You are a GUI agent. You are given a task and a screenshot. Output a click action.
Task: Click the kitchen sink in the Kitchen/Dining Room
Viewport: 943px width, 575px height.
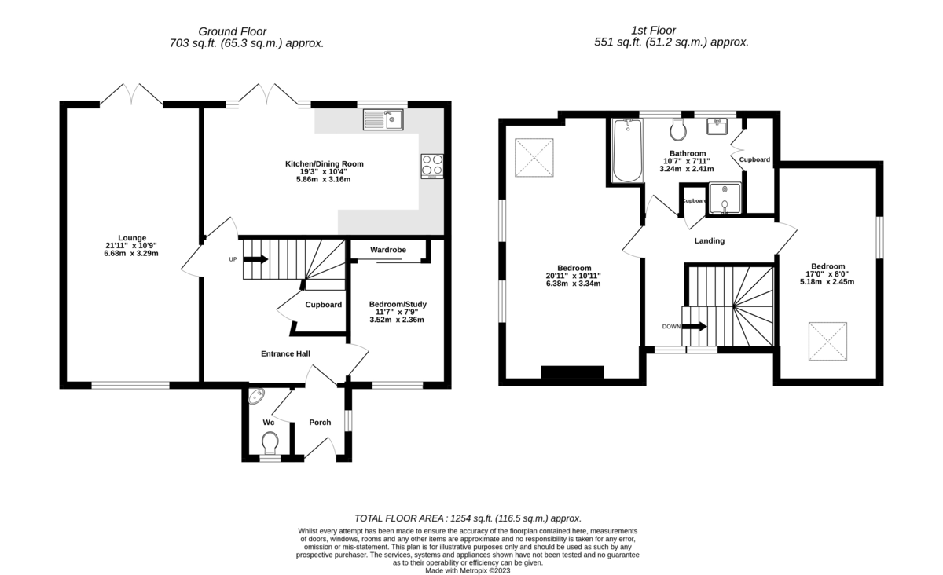point(383,119)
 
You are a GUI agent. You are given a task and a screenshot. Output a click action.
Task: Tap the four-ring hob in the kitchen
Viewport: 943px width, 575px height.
point(432,165)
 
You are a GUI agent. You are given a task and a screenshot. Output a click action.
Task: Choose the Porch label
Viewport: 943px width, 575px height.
point(320,423)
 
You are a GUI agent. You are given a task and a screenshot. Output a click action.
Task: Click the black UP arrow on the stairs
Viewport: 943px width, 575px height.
point(256,259)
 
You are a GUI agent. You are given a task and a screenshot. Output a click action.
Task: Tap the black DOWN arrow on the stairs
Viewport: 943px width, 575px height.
point(695,326)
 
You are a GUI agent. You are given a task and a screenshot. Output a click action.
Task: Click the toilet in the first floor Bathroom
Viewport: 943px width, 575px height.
point(678,129)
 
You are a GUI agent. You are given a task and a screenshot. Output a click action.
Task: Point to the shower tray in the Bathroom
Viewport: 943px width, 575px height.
point(724,198)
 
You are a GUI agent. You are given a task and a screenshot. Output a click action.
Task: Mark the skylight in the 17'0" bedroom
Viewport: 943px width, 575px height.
point(827,341)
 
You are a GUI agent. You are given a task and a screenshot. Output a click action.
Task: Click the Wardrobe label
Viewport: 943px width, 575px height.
point(388,250)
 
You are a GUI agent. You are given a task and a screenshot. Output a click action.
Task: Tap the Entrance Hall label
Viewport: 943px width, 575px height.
point(285,354)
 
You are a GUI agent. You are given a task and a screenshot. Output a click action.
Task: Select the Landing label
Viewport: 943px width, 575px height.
point(710,241)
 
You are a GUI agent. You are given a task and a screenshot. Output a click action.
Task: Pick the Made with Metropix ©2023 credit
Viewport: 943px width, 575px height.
point(468,571)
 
